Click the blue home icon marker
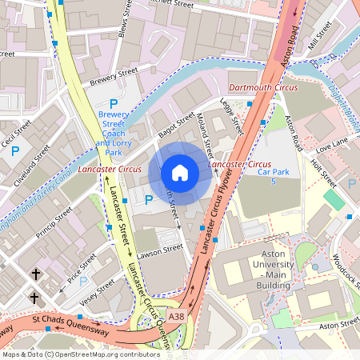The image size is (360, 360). pos(180,172)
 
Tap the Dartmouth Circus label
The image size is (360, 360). pos(263,86)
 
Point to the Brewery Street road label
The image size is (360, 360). pos(114,76)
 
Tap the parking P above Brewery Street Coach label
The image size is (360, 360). pos(113,104)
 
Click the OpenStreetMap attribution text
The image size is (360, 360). pos(81,354)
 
